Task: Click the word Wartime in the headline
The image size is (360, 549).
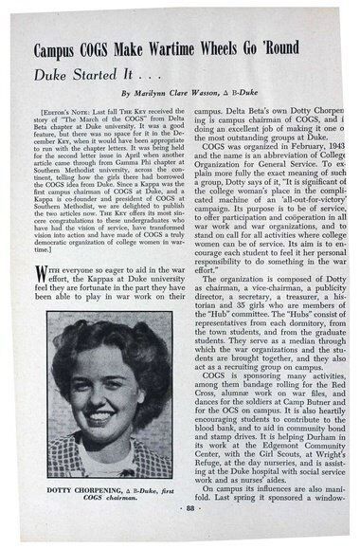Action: tap(179, 50)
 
